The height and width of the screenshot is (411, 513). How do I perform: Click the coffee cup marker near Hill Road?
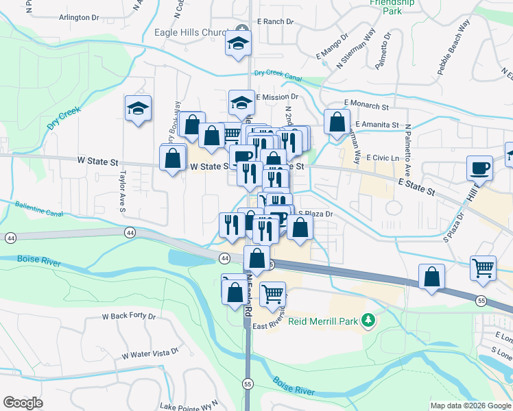tap(479, 168)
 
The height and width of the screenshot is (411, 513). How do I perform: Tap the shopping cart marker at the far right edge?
tap(484, 267)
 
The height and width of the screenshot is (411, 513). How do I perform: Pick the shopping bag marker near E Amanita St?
tap(337, 123)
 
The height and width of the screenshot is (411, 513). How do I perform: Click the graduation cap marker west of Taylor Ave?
tap(138, 108)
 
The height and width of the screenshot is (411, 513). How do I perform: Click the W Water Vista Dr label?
tap(150, 353)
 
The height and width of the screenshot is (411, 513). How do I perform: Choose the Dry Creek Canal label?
tap(278, 73)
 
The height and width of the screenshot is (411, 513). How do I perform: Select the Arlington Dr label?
tap(80, 17)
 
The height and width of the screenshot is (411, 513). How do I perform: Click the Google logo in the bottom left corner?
tap(23, 403)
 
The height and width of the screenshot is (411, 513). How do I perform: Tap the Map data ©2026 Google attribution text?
tap(470, 406)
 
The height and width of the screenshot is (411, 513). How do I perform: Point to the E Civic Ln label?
tap(383, 158)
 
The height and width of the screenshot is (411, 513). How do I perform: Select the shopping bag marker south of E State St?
tap(432, 277)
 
